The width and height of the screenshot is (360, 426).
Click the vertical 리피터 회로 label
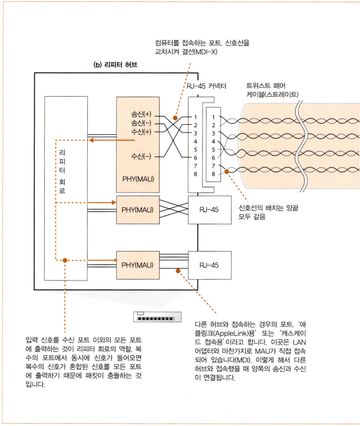(62, 171)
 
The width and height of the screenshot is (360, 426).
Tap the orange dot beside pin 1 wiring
(175, 117)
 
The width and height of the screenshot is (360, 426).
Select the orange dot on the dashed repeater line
(66, 259)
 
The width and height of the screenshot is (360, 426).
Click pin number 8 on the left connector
(195, 174)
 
